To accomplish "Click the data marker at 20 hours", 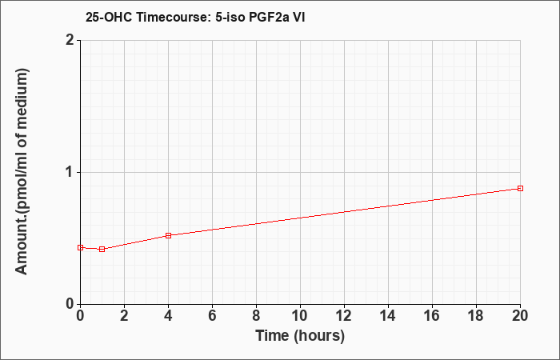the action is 520,188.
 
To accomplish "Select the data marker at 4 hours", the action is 169,235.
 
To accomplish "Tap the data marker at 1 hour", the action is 102,249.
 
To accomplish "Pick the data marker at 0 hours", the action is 80,247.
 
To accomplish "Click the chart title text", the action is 195,17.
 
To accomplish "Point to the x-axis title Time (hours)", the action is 300,336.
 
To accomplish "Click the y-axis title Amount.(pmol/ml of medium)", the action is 22,171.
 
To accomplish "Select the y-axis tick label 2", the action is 70,40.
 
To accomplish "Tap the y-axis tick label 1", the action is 70,172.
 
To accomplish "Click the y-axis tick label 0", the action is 70,304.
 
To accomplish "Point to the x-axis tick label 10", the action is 300,316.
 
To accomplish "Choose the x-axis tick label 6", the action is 213,316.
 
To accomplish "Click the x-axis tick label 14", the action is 388,316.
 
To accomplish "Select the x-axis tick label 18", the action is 476,316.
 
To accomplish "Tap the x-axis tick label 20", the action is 520,316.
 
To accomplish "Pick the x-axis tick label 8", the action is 257,316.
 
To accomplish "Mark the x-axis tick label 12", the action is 344,316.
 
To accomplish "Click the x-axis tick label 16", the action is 432,316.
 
